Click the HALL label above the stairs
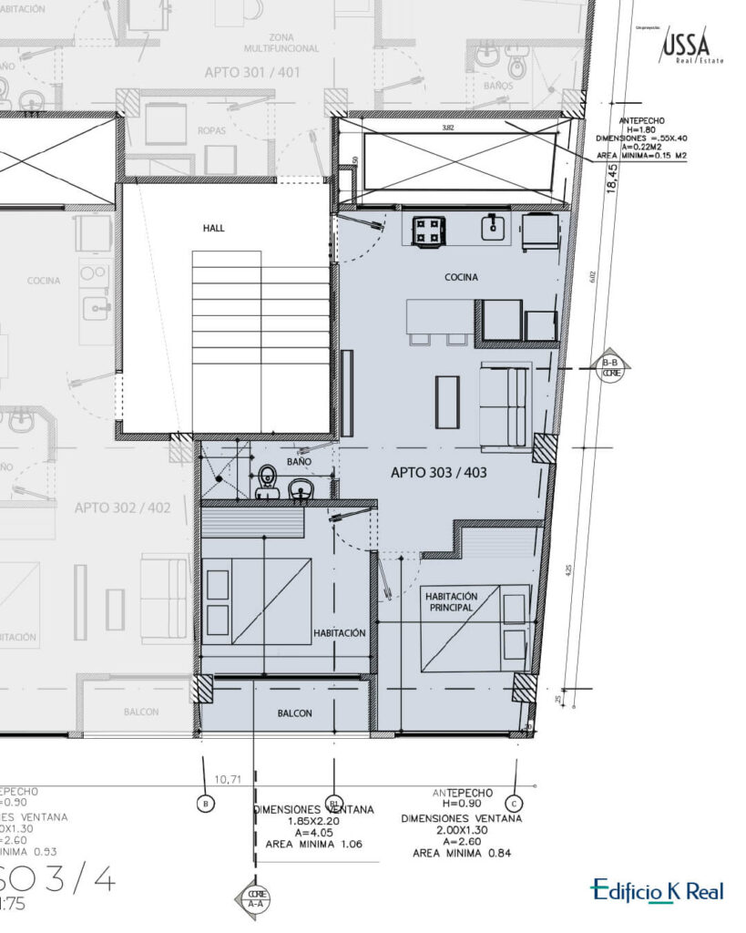click(214, 228)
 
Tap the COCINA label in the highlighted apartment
click(461, 277)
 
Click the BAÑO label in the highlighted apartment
click(299, 462)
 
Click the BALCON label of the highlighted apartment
click(295, 713)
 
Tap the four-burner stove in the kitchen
click(428, 230)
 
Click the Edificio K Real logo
click(657, 890)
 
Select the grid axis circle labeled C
click(516, 803)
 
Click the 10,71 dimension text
click(228, 780)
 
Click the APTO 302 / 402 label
click(122, 508)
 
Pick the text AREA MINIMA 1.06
click(313, 844)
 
